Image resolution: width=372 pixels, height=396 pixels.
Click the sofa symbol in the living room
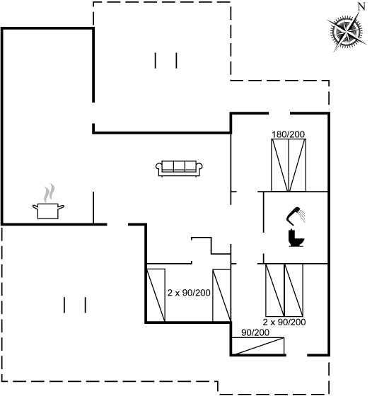pyautogui.click(x=179, y=168)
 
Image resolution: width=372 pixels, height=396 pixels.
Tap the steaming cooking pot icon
pyautogui.click(x=48, y=202)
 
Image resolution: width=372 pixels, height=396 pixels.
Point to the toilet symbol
pyautogui.click(x=296, y=238)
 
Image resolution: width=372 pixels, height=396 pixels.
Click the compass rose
pyautogui.click(x=347, y=33)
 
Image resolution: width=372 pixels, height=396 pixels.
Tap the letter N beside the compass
pyautogui.click(x=362, y=6)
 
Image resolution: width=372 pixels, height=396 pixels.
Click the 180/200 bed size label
pyautogui.click(x=288, y=134)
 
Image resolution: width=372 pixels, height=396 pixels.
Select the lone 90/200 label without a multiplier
pyautogui.click(x=255, y=332)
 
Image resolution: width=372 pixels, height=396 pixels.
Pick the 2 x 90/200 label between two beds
pyautogui.click(x=189, y=293)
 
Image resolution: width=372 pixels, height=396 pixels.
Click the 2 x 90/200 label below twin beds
pyautogui.click(x=284, y=322)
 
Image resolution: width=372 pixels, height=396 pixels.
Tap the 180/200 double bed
pyautogui.click(x=289, y=165)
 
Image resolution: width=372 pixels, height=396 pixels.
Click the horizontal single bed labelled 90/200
pyautogui.click(x=258, y=346)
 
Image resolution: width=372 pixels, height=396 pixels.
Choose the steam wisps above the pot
pyautogui.click(x=49, y=192)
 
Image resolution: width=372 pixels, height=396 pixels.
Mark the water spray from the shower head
pyautogui.click(x=301, y=216)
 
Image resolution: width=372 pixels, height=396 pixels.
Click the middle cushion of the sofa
pyautogui.click(x=179, y=166)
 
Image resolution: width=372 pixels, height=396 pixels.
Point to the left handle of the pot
pyautogui.click(x=35, y=207)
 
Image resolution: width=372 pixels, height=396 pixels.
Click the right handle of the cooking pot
pyautogui.click(x=61, y=207)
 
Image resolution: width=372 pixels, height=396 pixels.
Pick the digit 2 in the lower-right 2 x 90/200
pyautogui.click(x=265, y=322)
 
